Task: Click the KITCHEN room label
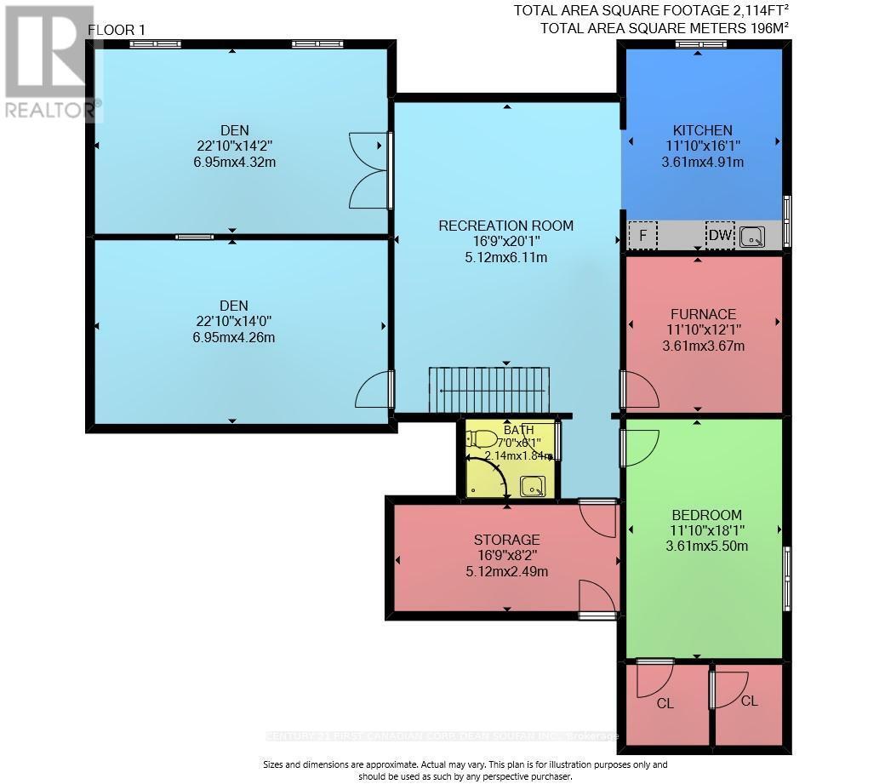pos(702,130)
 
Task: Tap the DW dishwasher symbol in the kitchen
pos(719,235)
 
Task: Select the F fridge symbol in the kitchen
pos(642,235)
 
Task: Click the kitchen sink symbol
pos(752,237)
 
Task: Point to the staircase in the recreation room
pos(489,390)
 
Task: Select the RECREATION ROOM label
pos(505,226)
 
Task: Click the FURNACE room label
pos(702,314)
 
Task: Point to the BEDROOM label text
pos(706,515)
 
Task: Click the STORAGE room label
pos(506,540)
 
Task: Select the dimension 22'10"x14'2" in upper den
pos(234,146)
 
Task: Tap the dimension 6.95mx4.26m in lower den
pos(234,337)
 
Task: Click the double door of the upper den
pos(371,170)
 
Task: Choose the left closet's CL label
pos(665,704)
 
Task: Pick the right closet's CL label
pos(749,701)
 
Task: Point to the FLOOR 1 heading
pos(117,30)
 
